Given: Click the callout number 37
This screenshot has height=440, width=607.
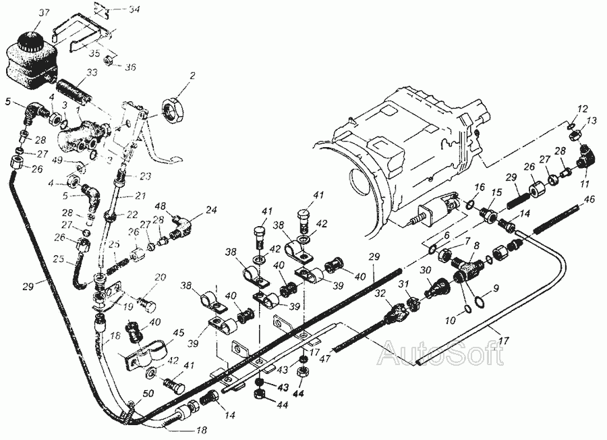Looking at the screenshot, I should point(26,13).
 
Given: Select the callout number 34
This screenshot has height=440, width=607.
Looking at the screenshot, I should point(134,9).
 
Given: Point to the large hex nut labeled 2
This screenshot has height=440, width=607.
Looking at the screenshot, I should point(175,107).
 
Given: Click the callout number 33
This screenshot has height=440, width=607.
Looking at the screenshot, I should point(92,73).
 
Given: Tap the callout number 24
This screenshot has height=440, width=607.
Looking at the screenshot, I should point(211,210).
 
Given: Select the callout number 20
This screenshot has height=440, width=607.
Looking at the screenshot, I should point(160,277).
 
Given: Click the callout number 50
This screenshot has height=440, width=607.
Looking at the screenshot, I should point(148,392).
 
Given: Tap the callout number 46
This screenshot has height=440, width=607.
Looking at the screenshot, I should point(590,200).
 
